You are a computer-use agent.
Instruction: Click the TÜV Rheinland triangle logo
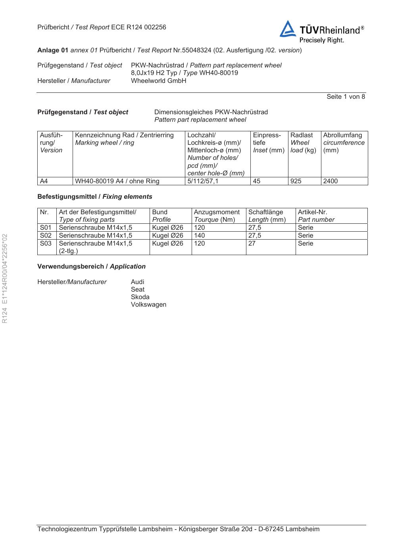click(288, 30)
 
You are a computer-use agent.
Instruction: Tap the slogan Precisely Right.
click(321, 40)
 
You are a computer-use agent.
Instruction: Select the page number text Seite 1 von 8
click(346, 96)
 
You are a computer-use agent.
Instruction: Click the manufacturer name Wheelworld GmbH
click(158, 81)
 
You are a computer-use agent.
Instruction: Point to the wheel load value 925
click(296, 181)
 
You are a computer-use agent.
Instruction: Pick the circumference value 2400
click(331, 181)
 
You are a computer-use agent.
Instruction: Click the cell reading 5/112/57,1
click(203, 181)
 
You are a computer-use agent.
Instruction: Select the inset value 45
click(257, 181)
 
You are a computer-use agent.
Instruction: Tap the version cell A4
click(44, 181)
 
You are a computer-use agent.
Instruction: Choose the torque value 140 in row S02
click(200, 235)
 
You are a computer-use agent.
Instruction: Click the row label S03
click(46, 243)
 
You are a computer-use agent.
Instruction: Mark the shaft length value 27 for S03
click(252, 243)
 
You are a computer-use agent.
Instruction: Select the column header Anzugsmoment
click(217, 212)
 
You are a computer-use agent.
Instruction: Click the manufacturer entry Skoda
click(140, 297)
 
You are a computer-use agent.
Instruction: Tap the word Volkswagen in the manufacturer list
click(148, 304)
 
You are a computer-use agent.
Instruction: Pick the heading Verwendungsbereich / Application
click(91, 266)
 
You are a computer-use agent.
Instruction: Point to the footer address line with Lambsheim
click(178, 529)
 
